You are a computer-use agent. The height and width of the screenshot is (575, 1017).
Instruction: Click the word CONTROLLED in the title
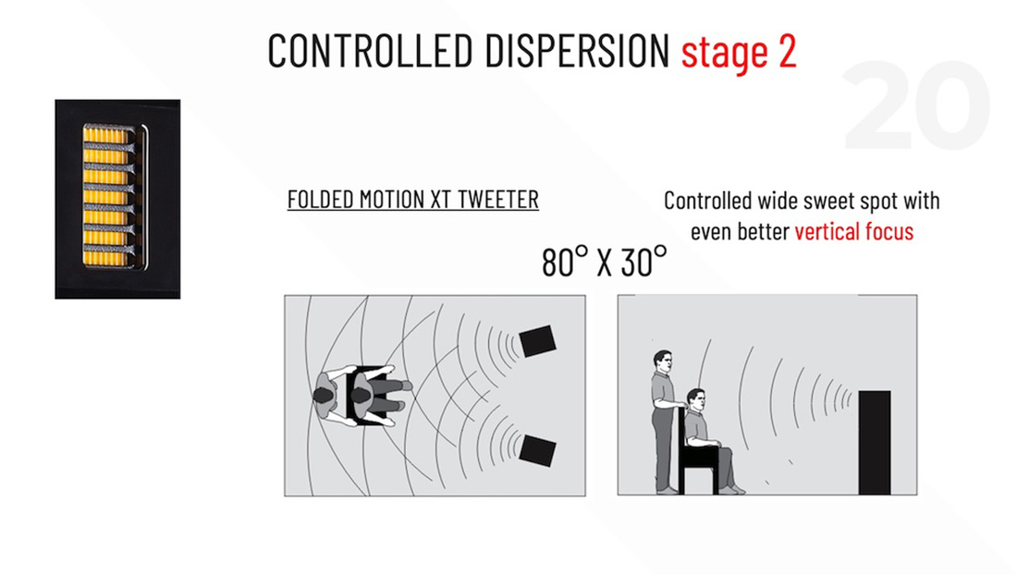371,50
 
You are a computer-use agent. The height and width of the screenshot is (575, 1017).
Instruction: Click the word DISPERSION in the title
577,50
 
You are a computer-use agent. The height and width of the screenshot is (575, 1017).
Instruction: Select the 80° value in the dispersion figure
565,262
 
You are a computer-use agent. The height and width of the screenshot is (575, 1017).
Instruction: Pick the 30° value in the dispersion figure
644,262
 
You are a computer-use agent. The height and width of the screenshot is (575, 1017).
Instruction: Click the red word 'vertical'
833,231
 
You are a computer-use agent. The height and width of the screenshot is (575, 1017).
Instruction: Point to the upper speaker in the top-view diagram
538,341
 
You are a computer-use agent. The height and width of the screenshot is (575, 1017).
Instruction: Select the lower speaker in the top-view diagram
538,450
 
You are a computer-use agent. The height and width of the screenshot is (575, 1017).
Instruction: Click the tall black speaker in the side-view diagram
875,442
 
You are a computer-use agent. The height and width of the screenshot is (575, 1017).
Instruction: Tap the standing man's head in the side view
663,361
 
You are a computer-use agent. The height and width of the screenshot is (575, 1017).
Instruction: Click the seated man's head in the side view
696,400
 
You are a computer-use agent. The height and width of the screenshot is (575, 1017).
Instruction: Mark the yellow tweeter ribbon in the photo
105,196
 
